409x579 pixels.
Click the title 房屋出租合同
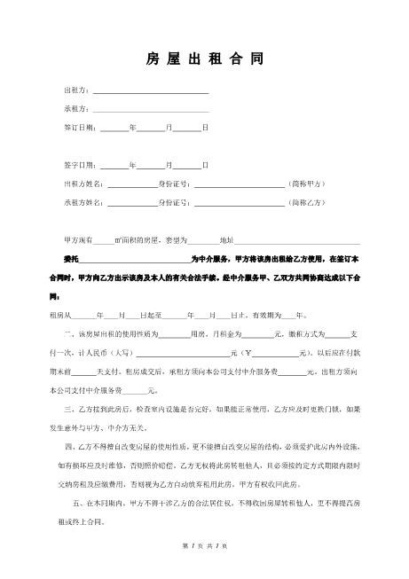[x=204, y=61]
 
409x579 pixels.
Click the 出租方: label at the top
[x=75, y=90]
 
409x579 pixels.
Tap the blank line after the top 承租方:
[x=151, y=109]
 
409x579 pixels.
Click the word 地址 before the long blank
[x=225, y=240]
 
